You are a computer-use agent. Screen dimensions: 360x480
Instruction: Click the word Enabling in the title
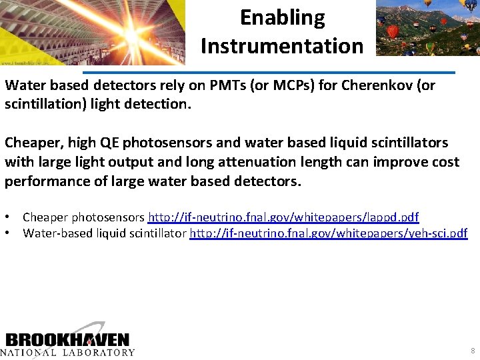pyautogui.click(x=282, y=18)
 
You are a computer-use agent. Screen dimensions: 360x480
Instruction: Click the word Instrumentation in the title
pyautogui.click(x=282, y=46)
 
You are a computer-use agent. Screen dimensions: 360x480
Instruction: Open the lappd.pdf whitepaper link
pyautogui.click(x=283, y=217)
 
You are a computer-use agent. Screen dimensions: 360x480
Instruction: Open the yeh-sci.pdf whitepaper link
pyautogui.click(x=329, y=233)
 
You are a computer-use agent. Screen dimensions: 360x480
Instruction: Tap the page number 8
pyautogui.click(x=473, y=351)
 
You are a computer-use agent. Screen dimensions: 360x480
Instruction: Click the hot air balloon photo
pyautogui.click(x=427, y=28)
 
